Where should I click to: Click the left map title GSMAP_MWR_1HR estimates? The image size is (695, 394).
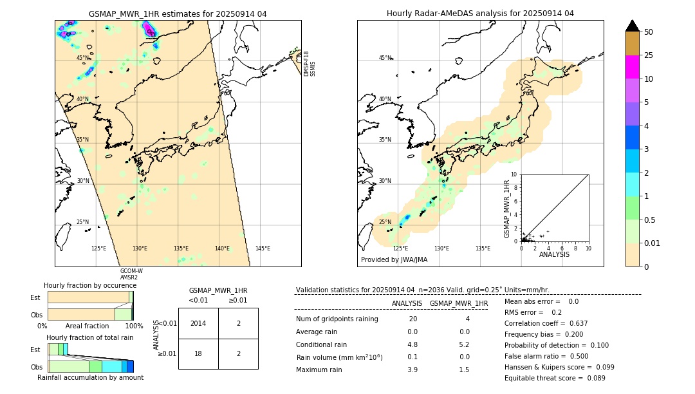178,14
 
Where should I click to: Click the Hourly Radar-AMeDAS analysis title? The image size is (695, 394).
480,14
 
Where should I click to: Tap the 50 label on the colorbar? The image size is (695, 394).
649,32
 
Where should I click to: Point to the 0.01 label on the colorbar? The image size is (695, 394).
653,243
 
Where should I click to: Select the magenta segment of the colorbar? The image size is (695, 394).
632,67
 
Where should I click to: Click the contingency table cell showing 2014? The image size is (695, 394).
198,323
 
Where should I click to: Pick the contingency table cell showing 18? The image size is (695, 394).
198,353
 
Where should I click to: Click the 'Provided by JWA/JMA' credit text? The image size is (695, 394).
394,260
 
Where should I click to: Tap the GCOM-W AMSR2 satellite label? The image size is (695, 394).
131,274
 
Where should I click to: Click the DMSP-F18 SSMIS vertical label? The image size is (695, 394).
310,64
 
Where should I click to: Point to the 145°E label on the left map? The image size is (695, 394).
263,249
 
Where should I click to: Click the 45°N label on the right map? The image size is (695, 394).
385,58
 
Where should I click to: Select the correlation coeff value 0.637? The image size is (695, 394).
575,323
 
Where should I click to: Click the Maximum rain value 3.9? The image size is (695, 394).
412,370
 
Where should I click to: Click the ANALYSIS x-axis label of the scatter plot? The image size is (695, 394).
554,254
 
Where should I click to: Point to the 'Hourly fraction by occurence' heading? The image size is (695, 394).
90,285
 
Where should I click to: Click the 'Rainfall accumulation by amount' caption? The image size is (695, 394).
90,377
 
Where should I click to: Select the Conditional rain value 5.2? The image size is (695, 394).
463,344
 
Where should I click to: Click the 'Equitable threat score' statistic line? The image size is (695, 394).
555,378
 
